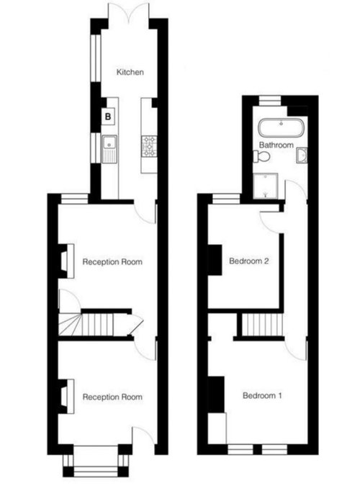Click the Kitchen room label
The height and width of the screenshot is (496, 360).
click(130, 72)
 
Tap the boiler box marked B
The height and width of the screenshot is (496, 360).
click(108, 117)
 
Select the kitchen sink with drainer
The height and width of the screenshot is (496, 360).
click(109, 149)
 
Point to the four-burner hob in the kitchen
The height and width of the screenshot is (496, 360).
click(149, 146)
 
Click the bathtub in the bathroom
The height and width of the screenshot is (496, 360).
click(282, 128)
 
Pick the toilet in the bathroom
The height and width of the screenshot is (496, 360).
click(261, 156)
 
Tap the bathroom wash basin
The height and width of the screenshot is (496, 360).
click(302, 155)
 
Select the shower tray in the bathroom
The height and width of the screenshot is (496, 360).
click(266, 186)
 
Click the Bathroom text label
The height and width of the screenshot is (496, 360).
click(276, 145)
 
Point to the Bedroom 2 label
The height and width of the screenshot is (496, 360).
click(249, 261)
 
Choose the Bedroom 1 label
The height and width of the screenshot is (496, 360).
click(262, 395)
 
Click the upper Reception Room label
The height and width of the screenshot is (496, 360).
click(112, 262)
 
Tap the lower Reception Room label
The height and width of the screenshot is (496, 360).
click(112, 397)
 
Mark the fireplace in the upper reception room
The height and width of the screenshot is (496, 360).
click(66, 261)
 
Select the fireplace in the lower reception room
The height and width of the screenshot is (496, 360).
click(66, 397)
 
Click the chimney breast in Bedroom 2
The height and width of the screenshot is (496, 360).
click(215, 260)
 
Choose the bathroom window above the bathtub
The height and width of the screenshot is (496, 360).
click(270, 100)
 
